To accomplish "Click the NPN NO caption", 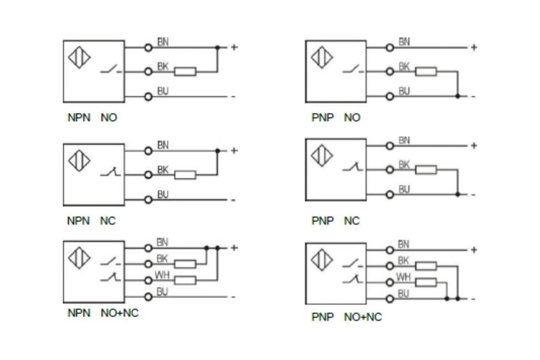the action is coord(92,117).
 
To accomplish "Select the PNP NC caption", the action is coord(336,220).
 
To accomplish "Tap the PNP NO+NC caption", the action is coord(346,317).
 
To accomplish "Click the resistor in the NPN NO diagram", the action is coord(185,72).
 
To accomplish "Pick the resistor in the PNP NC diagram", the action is coord(426,170).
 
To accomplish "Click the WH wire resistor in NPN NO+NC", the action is coord(185,280).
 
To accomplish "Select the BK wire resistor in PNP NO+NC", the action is coord(426,266).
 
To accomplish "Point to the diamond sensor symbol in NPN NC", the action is coord(79,161).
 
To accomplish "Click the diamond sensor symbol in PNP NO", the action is coord(322,58).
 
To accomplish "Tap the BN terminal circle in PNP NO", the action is coord(390,48).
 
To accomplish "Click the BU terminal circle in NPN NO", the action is coord(148,97).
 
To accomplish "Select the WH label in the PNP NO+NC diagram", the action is coord(403,277).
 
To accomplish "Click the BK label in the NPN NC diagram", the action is coord(163,170).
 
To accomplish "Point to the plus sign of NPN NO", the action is coord(234,47).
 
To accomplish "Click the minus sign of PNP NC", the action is coord(473,195).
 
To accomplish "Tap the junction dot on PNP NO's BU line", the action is coord(458,96).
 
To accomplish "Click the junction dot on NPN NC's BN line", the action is coord(217,151).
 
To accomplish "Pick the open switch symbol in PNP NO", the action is coord(353,69).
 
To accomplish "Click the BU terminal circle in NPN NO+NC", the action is coord(148,297).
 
